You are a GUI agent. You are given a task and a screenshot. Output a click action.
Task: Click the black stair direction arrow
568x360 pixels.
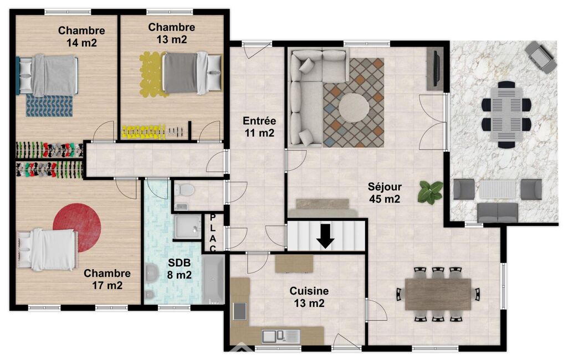(x=325, y=236)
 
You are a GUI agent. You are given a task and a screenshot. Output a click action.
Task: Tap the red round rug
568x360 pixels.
(x=77, y=228)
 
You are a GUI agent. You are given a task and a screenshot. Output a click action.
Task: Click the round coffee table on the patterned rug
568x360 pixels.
(x=354, y=107)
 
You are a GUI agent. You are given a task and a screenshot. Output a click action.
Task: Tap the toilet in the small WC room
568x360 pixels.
(x=185, y=189)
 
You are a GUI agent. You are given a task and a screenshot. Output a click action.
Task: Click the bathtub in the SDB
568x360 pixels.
(x=213, y=279)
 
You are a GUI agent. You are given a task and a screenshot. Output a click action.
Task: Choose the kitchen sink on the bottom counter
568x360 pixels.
(x=281, y=336)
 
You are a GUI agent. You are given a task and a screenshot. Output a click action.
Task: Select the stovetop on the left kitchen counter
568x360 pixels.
(x=239, y=311)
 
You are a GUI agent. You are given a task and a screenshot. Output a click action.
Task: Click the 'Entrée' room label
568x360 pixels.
(x=259, y=121)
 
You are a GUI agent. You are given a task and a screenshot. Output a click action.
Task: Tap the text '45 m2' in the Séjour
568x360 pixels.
(x=385, y=199)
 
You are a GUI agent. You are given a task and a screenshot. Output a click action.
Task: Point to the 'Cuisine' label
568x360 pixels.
(x=309, y=291)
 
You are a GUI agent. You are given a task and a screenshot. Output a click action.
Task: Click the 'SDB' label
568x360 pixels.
(x=180, y=263)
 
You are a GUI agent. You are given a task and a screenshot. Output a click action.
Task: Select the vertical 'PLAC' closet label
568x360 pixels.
(x=213, y=233)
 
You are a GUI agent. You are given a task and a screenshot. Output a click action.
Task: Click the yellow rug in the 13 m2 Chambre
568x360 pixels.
(x=153, y=75)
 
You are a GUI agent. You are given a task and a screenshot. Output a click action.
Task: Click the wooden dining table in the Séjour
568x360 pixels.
(x=438, y=294)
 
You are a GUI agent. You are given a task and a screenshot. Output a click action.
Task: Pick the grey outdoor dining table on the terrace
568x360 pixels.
(x=506, y=115)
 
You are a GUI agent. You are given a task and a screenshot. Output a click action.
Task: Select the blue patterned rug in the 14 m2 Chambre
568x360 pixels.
(x=49, y=105)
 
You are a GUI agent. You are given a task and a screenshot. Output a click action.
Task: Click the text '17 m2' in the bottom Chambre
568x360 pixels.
(x=107, y=285)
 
